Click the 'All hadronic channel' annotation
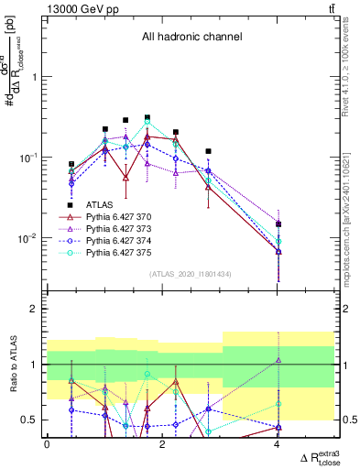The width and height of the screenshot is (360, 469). pyautogui.click(x=191, y=38)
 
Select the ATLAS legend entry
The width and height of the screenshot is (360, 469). pyautogui.click(x=101, y=204)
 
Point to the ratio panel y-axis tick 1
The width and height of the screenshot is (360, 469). pyautogui.click(x=34, y=365)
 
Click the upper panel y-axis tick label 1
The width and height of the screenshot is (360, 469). pyautogui.click(x=34, y=77)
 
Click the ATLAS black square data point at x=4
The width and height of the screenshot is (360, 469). pyautogui.click(x=278, y=224)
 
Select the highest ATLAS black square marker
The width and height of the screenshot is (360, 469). pyautogui.click(x=147, y=118)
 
